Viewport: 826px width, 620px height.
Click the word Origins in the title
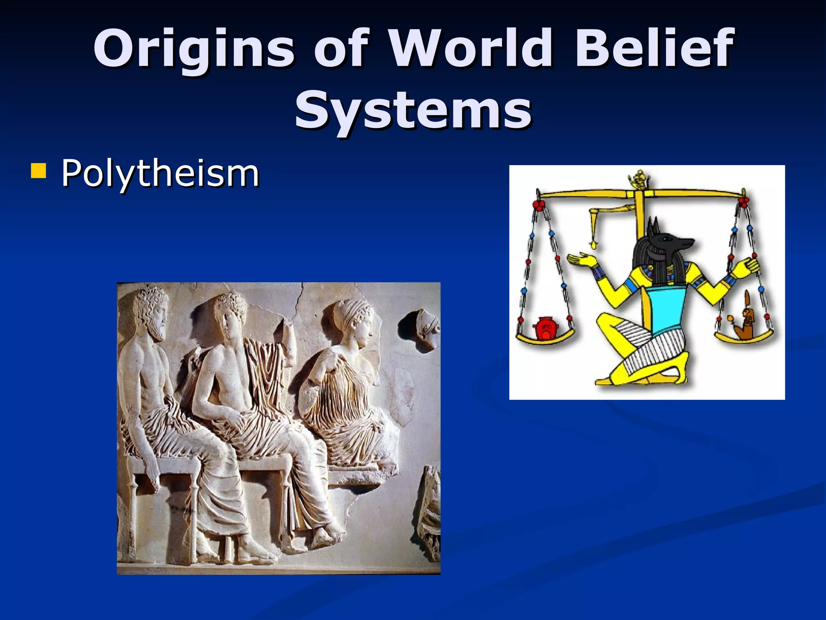point(194,48)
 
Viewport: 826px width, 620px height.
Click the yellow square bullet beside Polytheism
point(38,171)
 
